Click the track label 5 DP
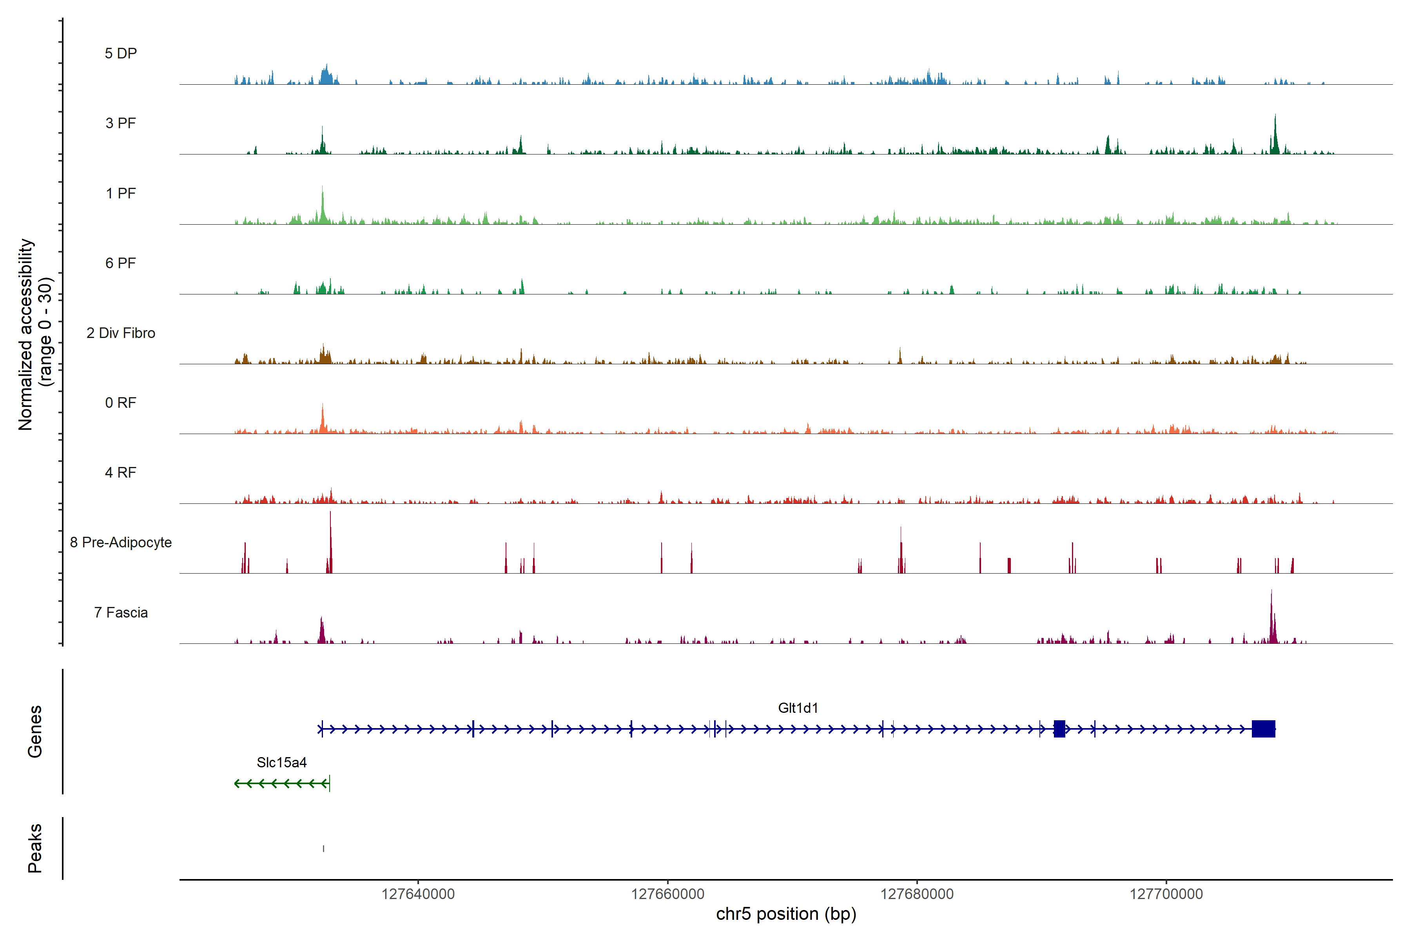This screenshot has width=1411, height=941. pos(121,53)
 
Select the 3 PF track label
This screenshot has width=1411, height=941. pos(121,123)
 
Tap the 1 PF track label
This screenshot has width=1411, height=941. pos(121,193)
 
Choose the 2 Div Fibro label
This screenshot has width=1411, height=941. pos(121,333)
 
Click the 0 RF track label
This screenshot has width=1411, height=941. pos(121,403)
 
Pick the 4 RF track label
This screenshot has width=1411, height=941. pos(121,472)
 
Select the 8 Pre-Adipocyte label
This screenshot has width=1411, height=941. pos(121,543)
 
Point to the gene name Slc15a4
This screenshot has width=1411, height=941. pos(281,763)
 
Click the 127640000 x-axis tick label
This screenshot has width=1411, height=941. pos(418,894)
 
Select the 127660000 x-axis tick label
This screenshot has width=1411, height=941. pos(668,894)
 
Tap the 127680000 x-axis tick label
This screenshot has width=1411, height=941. pos(917,894)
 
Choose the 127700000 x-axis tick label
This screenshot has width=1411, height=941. pos(1166,894)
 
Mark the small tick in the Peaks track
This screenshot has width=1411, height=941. pos(323,848)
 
